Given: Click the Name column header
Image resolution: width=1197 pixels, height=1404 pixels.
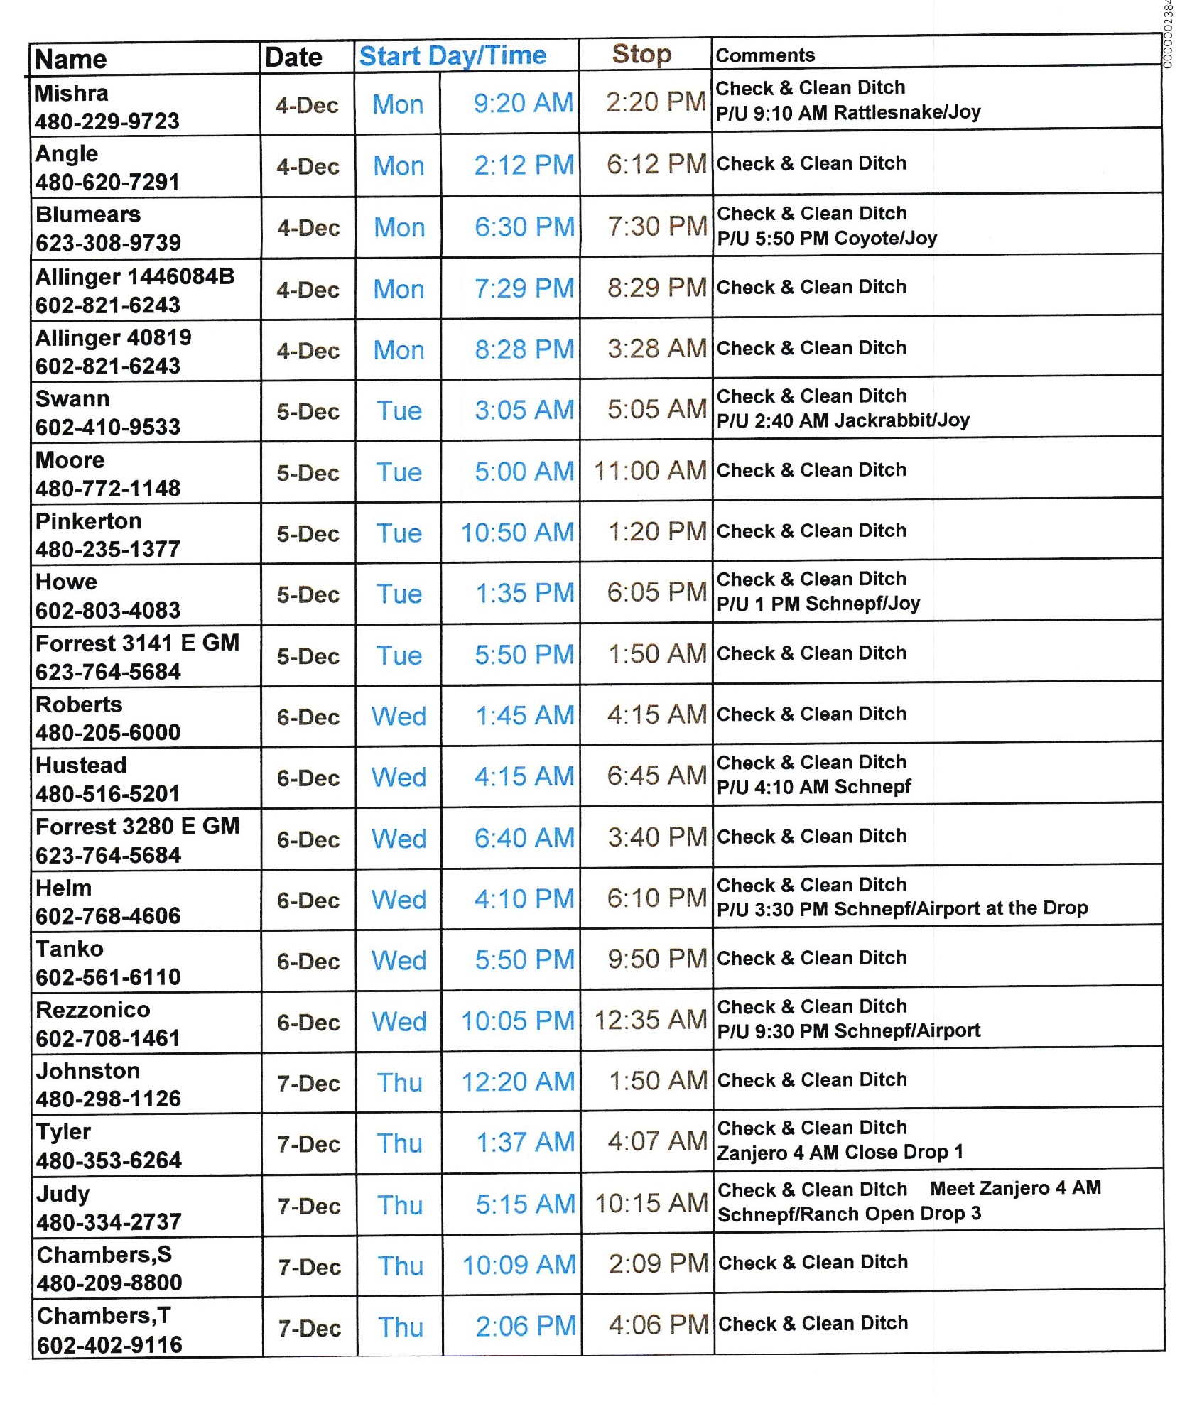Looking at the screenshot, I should pyautogui.click(x=70, y=59).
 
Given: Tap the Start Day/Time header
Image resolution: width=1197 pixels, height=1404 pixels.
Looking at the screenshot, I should pyautogui.click(x=453, y=55).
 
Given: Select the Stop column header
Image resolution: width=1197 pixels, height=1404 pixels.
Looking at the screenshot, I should pyautogui.click(x=641, y=54).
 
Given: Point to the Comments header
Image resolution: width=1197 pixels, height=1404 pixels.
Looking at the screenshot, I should pyautogui.click(x=764, y=55).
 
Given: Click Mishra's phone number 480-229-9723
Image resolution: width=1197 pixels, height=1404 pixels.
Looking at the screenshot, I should pyautogui.click(x=107, y=121).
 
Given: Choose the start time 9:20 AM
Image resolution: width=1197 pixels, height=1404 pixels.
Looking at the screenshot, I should pyautogui.click(x=523, y=104).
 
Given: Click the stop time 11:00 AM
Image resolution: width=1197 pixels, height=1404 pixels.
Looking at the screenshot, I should pyautogui.click(x=649, y=470).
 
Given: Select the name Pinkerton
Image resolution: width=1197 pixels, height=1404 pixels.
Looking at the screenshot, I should pyautogui.click(x=89, y=521).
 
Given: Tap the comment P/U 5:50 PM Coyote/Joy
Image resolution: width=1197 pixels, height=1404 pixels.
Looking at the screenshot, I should pyautogui.click(x=827, y=238).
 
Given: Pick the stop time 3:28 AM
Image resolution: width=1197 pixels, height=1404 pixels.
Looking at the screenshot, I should pyautogui.click(x=656, y=349).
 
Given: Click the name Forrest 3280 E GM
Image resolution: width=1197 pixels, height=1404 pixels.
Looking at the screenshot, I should pyautogui.click(x=137, y=826).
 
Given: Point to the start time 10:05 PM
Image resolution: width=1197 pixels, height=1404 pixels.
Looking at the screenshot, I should pyautogui.click(x=517, y=1021).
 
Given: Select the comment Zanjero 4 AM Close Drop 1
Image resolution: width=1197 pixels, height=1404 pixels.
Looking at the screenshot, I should pyautogui.click(x=840, y=1152).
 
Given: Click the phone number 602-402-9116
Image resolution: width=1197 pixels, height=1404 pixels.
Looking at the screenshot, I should pyautogui.click(x=109, y=1344).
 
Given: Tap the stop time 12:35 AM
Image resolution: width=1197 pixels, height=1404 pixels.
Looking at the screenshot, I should pyautogui.click(x=650, y=1020).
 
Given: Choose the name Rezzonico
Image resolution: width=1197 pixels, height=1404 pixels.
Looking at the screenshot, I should pyautogui.click(x=93, y=1009).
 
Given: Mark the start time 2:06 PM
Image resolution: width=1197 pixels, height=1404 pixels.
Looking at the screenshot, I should pyautogui.click(x=526, y=1326).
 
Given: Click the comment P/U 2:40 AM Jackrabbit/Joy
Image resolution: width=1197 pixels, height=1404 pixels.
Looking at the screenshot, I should pyautogui.click(x=843, y=420).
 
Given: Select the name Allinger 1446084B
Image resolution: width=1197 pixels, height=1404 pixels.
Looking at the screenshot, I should pyautogui.click(x=135, y=276).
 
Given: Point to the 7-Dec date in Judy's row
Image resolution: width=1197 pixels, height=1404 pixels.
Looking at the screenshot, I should pyautogui.click(x=309, y=1206).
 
